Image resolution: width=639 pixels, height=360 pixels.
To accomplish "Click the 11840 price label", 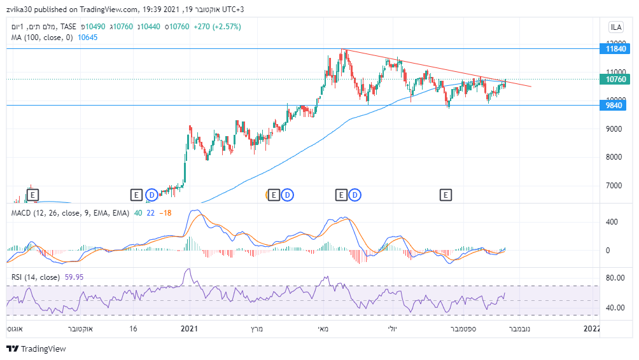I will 617,48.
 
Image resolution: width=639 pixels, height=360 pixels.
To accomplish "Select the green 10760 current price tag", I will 617,80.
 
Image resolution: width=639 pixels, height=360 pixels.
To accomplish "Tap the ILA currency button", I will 616,27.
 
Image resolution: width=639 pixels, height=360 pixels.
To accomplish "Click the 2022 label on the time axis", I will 592,329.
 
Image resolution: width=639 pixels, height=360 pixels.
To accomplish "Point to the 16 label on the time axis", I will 133,329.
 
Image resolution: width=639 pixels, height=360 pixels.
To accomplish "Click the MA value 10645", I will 87,38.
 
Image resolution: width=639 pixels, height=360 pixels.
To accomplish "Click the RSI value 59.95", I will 74,277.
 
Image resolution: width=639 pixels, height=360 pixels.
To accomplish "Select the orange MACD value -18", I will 165,212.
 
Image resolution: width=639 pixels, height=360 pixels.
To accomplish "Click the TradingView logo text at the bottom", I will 43,349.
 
